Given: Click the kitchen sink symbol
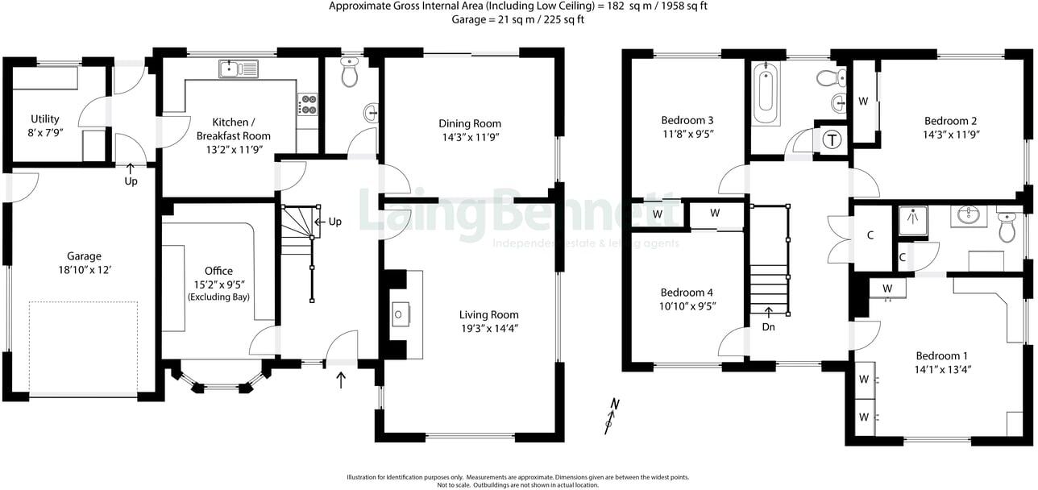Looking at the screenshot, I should click(237, 69).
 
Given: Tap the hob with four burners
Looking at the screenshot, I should click(308, 104).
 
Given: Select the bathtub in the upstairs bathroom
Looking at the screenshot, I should click(766, 94).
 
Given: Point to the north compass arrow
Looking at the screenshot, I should click(612, 415).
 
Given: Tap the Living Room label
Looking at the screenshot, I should click(488, 314).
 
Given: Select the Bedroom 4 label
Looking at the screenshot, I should click(686, 293).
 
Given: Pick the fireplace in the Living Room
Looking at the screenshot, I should click(400, 314).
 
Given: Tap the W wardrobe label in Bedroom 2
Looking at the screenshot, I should click(863, 102).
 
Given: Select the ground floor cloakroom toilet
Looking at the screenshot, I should click(350, 73).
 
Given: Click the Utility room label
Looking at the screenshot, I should click(44, 118).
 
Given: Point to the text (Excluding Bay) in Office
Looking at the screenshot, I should click(218, 297).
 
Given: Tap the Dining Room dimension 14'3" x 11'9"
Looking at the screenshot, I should click(469, 137).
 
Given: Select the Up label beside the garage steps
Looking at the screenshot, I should click(131, 181).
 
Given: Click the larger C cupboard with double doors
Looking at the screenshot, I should click(870, 236).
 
